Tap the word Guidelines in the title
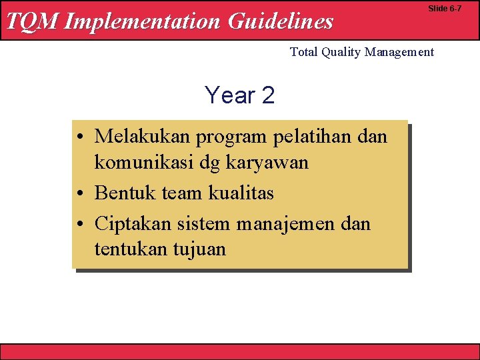280,21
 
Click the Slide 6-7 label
445,9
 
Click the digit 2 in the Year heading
268,95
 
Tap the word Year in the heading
230,95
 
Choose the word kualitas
241,193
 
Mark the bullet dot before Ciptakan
80,225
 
